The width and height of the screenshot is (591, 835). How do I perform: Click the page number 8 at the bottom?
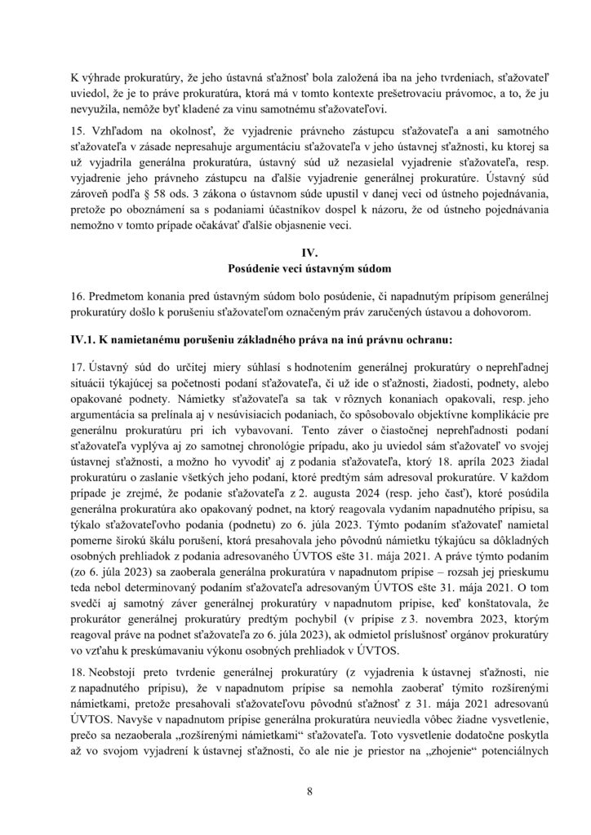[x=295, y=790]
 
